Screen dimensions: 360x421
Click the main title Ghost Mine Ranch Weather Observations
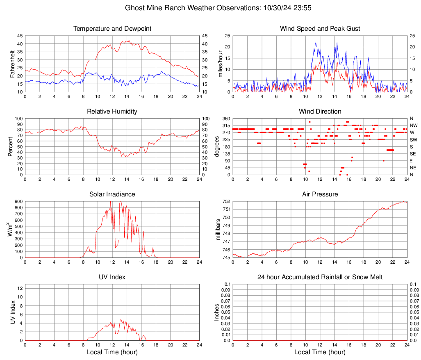coord(210,8)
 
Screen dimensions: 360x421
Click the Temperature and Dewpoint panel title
coord(112,29)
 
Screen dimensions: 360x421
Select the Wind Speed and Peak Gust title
coord(320,29)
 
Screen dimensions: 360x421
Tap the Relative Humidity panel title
coord(112,112)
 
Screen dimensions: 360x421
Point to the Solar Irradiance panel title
coord(112,194)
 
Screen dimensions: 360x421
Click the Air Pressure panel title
coord(320,194)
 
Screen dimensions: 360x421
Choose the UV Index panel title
coord(112,277)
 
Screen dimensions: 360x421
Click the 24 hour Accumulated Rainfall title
coord(320,277)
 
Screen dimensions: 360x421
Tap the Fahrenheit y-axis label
coord(13,64)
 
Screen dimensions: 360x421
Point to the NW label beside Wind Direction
coord(414,125)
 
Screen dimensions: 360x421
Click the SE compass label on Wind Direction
coord(413,154)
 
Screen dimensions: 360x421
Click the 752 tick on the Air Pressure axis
coord(227,201)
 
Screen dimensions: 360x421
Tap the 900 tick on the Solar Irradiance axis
coord(18,201)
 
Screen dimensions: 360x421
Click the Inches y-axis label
coord(218,312)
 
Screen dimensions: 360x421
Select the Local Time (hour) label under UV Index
coord(112,352)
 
